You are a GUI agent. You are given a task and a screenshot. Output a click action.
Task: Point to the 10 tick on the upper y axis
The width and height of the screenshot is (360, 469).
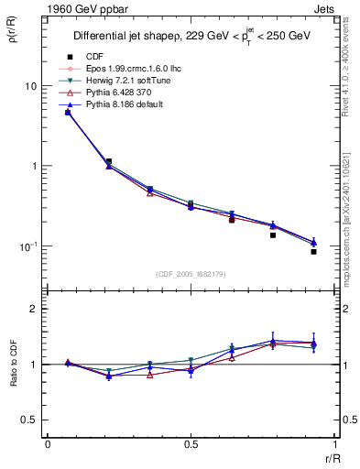30,86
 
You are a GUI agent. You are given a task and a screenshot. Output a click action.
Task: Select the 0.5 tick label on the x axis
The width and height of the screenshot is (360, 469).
191,444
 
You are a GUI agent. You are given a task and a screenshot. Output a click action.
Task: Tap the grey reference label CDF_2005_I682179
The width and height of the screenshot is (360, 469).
191,274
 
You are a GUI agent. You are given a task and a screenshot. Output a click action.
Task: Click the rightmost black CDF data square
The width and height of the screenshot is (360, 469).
313,251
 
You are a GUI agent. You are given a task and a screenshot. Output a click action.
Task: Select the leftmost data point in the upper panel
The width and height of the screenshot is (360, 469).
68,113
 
